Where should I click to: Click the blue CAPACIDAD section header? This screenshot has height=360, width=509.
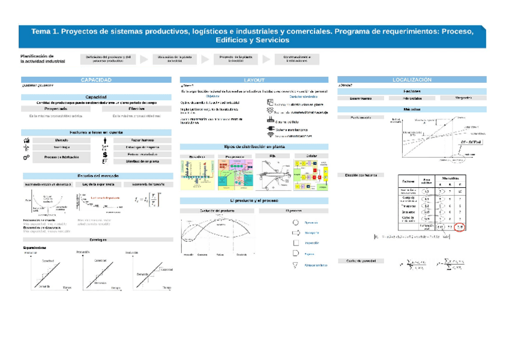[96, 80]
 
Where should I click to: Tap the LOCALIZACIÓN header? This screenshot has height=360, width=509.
[411, 80]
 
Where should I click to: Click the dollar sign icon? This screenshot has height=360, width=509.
[105, 154]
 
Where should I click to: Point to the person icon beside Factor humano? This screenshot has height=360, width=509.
[105, 140]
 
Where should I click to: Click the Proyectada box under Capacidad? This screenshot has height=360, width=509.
[56, 109]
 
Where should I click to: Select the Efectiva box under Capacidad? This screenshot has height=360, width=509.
[136, 109]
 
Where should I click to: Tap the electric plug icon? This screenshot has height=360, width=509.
[270, 128]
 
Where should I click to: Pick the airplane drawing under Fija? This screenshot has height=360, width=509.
[274, 175]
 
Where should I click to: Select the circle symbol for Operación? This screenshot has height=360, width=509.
[295, 222]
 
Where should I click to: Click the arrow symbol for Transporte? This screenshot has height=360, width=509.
[295, 232]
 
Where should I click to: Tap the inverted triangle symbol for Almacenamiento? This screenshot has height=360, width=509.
[295, 265]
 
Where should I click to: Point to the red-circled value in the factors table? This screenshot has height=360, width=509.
[460, 226]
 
